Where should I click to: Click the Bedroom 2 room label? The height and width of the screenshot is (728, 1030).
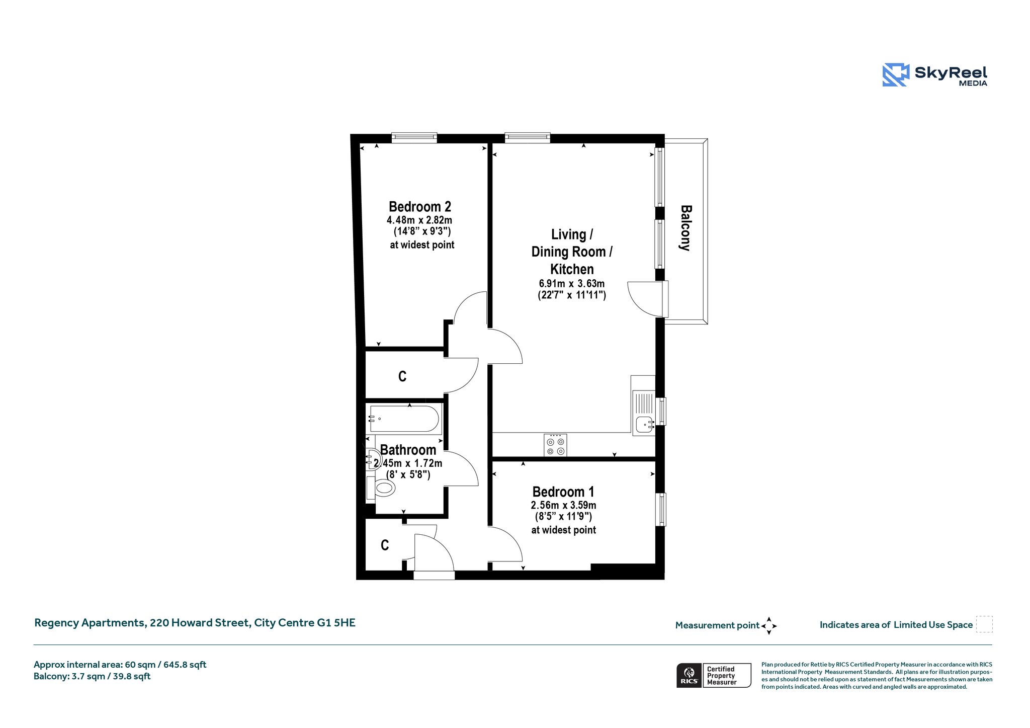click(420, 207)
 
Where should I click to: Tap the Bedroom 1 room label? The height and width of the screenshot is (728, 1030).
click(563, 492)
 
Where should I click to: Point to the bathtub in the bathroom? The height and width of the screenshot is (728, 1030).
click(404, 418)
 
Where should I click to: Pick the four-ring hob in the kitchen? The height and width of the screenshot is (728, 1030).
click(555, 445)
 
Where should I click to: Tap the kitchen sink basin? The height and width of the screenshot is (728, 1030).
click(644, 425)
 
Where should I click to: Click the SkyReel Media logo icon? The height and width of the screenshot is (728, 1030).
click(896, 75)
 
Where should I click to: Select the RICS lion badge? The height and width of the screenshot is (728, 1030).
click(689, 675)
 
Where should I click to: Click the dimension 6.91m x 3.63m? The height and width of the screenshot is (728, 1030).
click(572, 284)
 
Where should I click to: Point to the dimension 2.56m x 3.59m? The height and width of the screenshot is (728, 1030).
click(563, 505)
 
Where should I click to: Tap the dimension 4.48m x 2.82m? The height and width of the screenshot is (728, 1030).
click(419, 220)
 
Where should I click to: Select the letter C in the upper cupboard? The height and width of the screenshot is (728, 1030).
click(402, 376)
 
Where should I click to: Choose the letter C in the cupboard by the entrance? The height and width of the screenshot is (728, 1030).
click(385, 545)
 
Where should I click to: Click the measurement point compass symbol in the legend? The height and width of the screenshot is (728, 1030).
click(769, 626)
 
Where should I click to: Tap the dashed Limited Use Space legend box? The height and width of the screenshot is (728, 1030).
click(984, 624)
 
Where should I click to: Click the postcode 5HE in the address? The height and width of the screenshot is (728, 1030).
click(345, 623)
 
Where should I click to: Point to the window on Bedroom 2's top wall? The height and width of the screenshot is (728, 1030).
click(414, 137)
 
